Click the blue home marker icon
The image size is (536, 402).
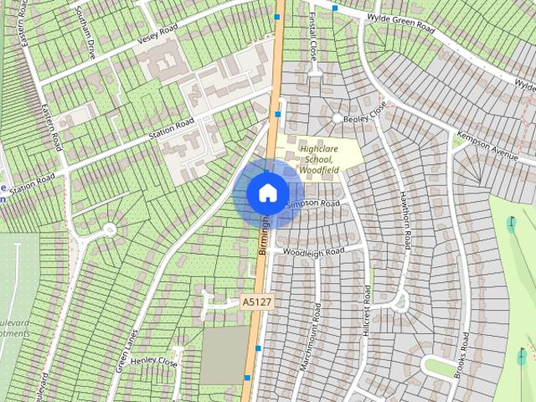[267, 193]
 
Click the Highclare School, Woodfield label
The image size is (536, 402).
[317, 153]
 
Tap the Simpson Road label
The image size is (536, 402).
[312, 204]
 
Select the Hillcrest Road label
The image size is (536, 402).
[367, 311]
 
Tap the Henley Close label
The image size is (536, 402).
[154, 362]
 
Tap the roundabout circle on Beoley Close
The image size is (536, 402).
[338, 120]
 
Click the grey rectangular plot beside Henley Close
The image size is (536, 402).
[224, 355]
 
